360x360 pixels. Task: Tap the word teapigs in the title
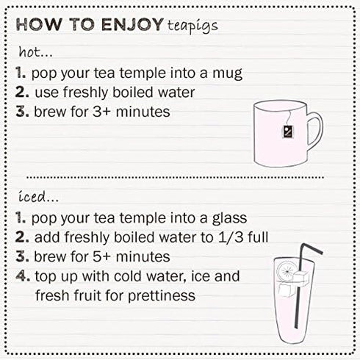tap(192, 26)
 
